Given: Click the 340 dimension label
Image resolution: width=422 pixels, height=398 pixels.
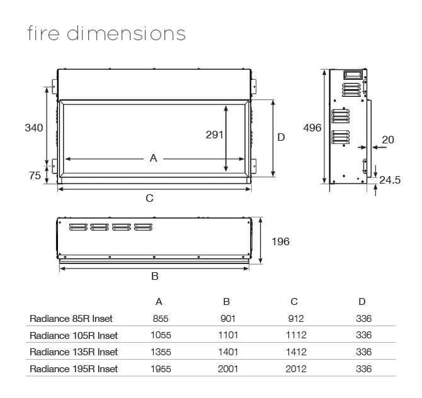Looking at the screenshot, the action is pos(34,128).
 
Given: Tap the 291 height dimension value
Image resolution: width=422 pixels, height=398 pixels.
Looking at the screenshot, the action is pos(215,135).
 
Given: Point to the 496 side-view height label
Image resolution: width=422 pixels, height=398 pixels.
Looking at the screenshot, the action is pos(312,128).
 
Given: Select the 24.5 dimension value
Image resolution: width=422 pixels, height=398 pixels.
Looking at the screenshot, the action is pos(390,180).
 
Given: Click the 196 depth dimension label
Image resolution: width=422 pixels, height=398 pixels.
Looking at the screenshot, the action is pos(280,241).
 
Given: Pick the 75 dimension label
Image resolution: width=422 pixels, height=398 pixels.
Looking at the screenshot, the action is pos(35,175).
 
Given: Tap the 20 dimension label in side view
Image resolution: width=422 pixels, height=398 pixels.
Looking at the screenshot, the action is pos(388,140).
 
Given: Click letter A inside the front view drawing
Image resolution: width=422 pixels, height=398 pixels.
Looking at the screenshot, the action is pos(154,158).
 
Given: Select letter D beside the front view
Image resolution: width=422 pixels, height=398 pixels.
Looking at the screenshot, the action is pos(281,137).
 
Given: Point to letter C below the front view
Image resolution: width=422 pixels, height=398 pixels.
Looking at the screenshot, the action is pos(150,198).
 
